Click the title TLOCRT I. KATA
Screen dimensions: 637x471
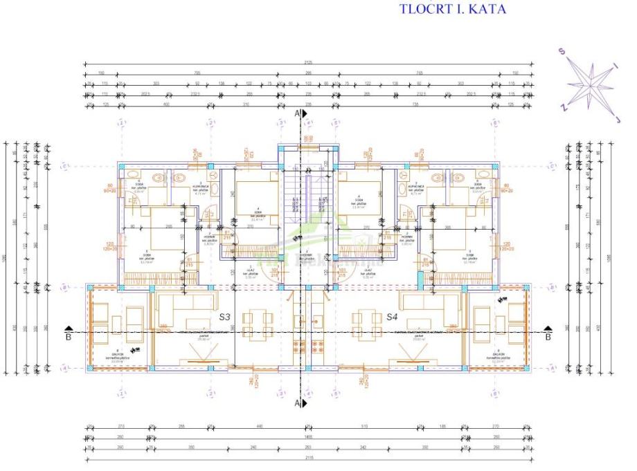[x=453, y=10]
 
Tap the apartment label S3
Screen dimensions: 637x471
[x=225, y=317]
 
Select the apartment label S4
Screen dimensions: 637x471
[x=392, y=317]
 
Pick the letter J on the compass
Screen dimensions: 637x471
[x=618, y=119]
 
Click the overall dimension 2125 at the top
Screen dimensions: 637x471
[x=308, y=62]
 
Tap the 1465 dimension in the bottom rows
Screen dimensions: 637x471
[x=308, y=436]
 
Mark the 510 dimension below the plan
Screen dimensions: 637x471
[x=364, y=426]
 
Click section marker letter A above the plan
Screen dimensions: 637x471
[x=296, y=112]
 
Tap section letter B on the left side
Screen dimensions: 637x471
[x=68, y=338]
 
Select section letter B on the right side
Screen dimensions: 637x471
[x=547, y=338]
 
